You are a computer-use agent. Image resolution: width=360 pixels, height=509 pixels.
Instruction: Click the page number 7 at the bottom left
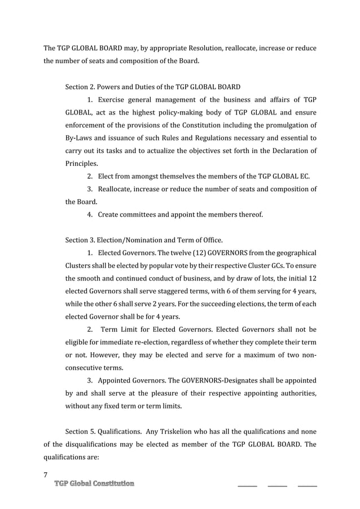(46, 474)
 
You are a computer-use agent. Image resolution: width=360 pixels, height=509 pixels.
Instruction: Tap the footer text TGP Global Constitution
(94, 484)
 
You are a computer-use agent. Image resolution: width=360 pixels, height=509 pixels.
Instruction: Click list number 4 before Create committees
(90, 214)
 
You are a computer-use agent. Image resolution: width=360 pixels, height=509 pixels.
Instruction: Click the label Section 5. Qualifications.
(102, 432)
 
